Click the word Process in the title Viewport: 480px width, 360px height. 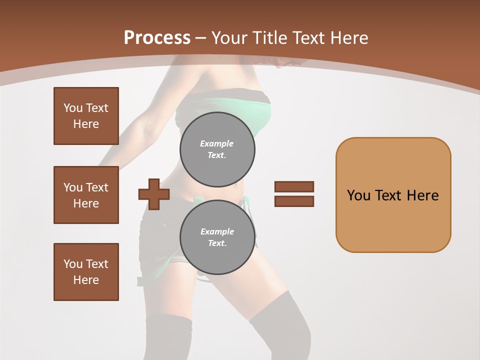click(x=157, y=38)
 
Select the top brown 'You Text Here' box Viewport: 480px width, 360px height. click(x=86, y=116)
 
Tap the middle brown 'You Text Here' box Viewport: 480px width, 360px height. click(x=86, y=195)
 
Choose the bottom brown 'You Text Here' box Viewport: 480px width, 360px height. click(x=86, y=272)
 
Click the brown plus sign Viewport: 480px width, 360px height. click(x=154, y=194)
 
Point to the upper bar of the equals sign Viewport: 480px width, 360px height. click(x=294, y=186)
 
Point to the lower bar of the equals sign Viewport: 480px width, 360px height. click(x=294, y=201)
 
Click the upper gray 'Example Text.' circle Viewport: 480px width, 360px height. click(x=217, y=149)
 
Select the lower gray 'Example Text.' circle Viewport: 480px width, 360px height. click(x=217, y=237)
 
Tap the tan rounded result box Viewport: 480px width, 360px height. click(x=393, y=195)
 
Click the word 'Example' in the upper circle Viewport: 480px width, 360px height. click(x=217, y=143)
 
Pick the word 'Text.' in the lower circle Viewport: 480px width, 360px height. click(x=217, y=243)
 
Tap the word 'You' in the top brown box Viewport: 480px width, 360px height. click(x=73, y=108)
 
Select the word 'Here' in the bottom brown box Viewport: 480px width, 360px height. click(x=86, y=280)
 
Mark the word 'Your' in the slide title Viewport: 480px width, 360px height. click(x=229, y=38)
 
